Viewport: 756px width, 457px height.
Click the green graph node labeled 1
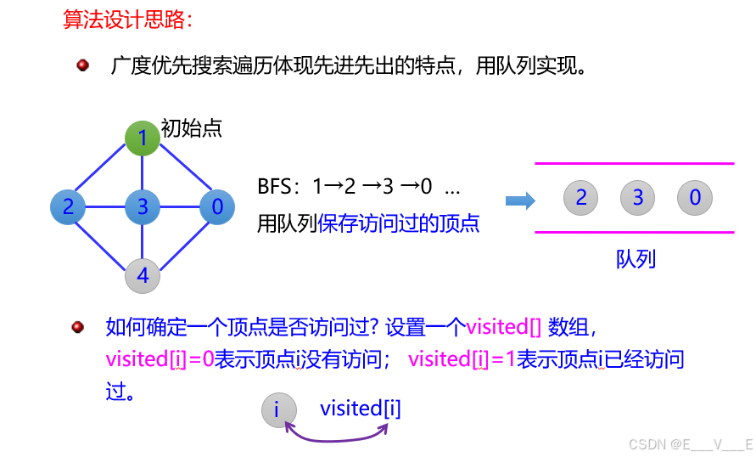[143, 138]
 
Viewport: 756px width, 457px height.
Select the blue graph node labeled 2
[68, 206]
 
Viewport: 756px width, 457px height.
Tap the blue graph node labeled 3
[143, 206]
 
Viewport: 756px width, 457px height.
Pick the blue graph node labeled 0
[217, 206]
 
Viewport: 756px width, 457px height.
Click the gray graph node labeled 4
[143, 275]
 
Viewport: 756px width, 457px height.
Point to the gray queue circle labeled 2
[581, 199]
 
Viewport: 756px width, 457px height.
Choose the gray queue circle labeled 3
[638, 199]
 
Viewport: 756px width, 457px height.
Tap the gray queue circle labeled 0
[695, 199]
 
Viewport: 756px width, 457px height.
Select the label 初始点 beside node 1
[191, 129]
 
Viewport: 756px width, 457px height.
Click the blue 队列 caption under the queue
[636, 258]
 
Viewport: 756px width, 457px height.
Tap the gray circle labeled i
[277, 410]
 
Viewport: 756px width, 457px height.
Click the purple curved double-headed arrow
[336, 434]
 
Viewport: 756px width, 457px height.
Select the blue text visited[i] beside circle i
[360, 409]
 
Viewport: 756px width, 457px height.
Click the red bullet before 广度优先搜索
[83, 65]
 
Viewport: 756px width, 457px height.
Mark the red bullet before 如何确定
[78, 326]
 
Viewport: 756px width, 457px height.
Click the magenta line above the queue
[634, 163]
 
